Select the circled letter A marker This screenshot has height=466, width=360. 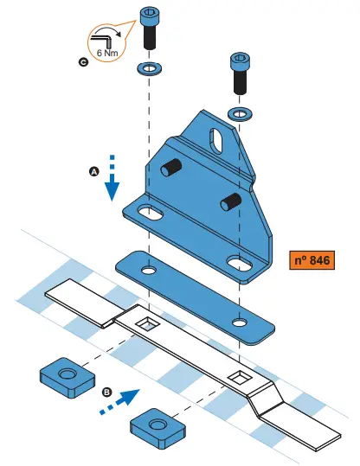point(95,172)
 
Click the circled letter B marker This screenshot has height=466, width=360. point(106,392)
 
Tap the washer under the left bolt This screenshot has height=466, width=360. point(150,67)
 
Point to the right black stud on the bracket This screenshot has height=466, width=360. point(229,201)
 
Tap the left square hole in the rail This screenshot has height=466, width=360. point(149,324)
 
